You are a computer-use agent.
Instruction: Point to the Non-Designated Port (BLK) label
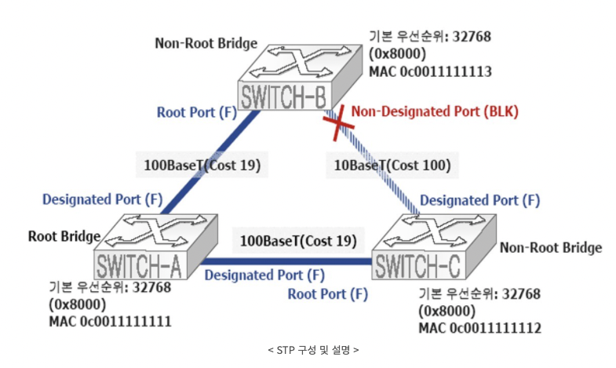point(435,111)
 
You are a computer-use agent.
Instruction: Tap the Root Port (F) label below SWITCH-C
point(327,294)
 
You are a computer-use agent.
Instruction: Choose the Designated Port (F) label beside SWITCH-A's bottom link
point(264,275)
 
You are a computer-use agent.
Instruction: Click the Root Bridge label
point(64,235)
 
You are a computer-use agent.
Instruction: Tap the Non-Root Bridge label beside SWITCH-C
point(551,248)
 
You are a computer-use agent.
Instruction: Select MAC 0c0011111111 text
point(110,322)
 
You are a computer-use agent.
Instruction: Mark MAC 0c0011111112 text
point(480,328)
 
